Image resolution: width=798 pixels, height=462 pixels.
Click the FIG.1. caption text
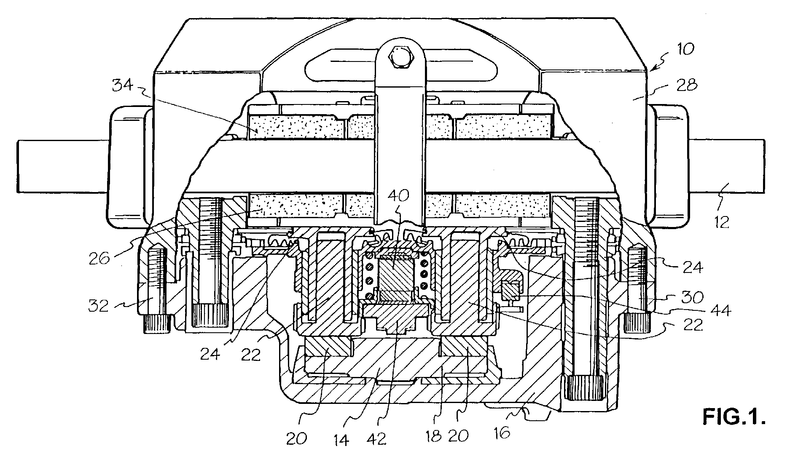[734, 417]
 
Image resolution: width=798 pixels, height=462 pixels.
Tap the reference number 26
[100, 258]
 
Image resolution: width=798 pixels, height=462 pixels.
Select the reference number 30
[692, 297]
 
